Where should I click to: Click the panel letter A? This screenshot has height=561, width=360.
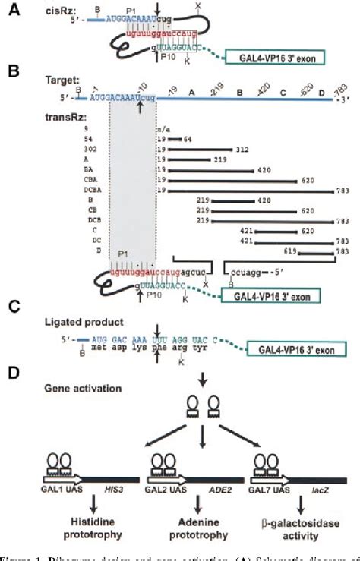click(x=14, y=11)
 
